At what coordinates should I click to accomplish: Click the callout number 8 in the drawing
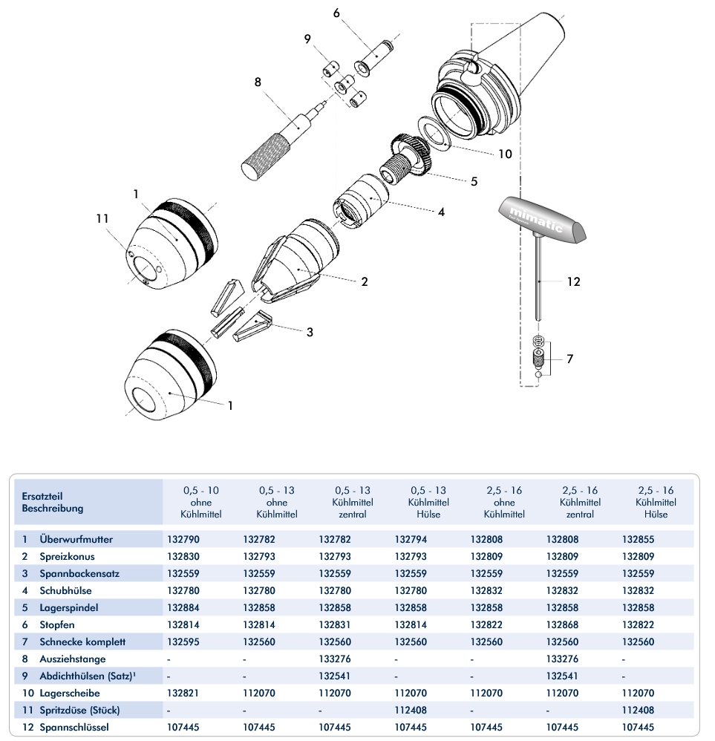click(258, 82)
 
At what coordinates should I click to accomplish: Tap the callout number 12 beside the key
click(572, 281)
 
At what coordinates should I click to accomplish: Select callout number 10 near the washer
click(504, 154)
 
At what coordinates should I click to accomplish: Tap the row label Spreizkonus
click(68, 556)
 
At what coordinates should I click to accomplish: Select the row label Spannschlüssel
click(74, 727)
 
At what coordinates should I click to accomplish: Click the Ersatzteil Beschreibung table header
click(53, 502)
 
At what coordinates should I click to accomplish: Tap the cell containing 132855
click(638, 539)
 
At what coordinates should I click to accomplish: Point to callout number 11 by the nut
click(102, 218)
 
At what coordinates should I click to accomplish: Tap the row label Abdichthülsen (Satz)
click(85, 676)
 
